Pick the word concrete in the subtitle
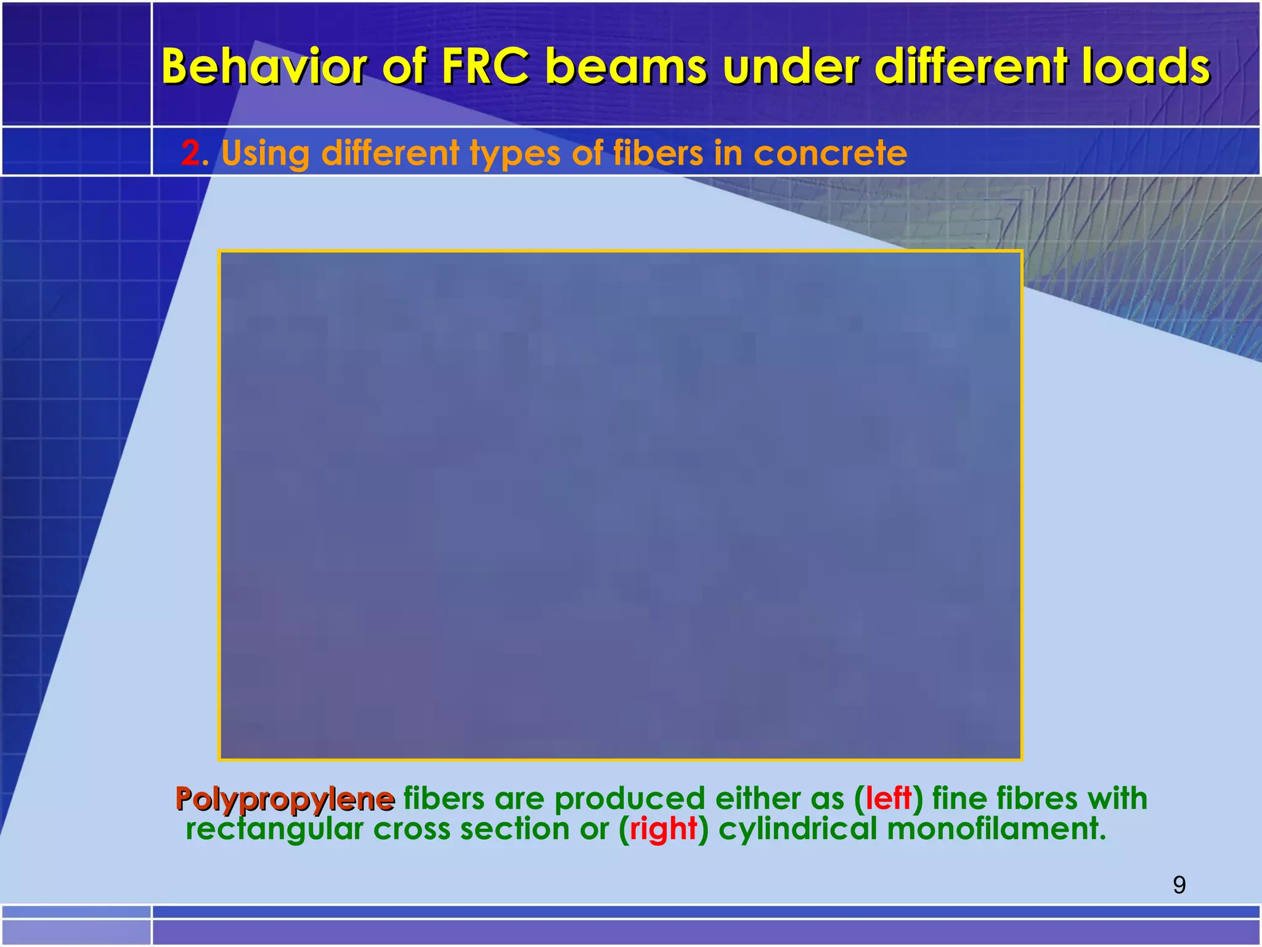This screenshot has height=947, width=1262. point(830,154)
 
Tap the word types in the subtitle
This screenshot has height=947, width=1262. point(515,154)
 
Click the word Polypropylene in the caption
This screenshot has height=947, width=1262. point(285,799)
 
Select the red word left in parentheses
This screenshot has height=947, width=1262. point(888,799)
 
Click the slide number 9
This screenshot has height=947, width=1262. point(1179,885)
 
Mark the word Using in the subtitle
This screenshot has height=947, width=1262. point(265,154)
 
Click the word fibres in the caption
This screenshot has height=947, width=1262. point(1037,799)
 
